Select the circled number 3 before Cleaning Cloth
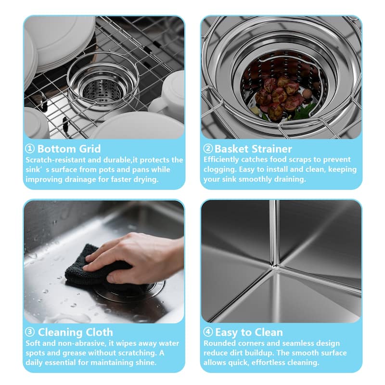[30, 333]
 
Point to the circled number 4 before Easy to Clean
[208, 333]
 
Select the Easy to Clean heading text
[249, 333]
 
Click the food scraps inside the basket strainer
[279, 96]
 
